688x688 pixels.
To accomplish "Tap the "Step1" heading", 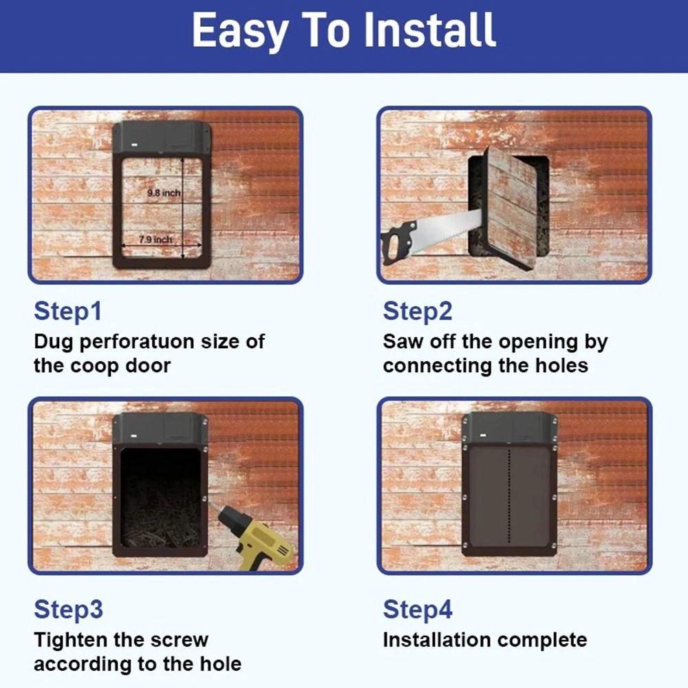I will point(67,311).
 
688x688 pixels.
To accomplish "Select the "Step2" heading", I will point(418,311).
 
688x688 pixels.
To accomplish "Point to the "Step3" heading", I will point(68,609).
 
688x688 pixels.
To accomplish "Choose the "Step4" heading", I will point(418,609).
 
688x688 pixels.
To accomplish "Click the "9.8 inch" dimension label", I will point(163,193).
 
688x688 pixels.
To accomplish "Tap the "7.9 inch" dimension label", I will point(154,239).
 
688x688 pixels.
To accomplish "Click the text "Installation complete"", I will point(484,640).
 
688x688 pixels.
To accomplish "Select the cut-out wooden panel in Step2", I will point(510,206).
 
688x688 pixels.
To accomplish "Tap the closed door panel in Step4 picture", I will point(509,498).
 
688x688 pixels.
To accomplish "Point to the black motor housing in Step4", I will point(509,428).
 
